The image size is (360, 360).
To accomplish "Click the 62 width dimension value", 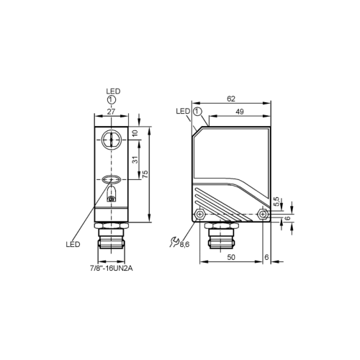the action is [x=231, y=99].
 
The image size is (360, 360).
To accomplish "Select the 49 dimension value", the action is [x=240, y=112].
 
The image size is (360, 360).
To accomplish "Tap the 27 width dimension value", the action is [x=111, y=112].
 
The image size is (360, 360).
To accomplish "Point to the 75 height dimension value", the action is [x=145, y=174].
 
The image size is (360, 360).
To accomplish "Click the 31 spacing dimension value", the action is [x=136, y=160].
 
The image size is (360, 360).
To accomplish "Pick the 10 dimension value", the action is [x=135, y=133].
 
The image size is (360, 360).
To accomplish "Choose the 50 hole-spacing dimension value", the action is [x=231, y=257].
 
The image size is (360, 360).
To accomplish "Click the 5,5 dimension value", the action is [x=276, y=202].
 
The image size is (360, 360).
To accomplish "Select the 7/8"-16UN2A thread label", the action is [x=111, y=269].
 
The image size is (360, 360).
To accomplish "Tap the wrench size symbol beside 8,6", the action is [x=174, y=242].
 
